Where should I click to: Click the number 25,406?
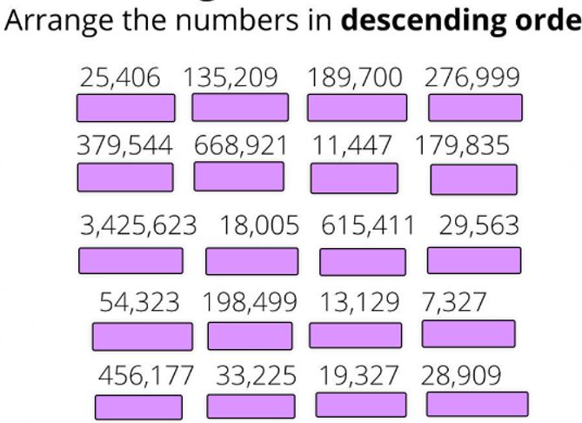point(120,78)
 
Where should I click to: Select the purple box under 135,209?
point(239,108)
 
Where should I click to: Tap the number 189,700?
point(354,78)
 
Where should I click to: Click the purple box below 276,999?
point(475,108)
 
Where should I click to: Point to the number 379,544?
point(124,146)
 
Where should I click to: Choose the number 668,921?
point(240,146)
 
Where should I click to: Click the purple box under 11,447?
point(353,178)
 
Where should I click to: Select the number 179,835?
point(462,146)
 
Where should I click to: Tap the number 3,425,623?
point(138,226)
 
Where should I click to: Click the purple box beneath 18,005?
point(251,260)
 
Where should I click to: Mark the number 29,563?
point(478,226)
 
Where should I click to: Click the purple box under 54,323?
point(142,337)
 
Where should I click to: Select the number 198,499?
point(250,303)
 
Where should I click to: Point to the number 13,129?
point(359,303)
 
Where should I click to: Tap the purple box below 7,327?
point(467,333)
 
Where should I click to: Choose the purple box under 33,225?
point(251,406)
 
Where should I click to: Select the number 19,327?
point(358,376)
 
